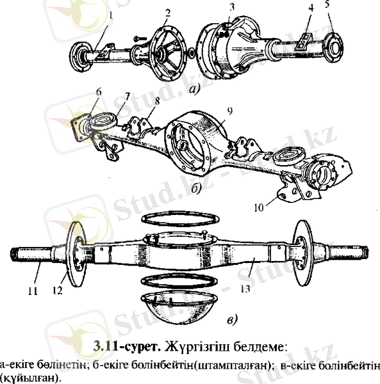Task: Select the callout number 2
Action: [168, 13]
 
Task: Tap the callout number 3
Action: [233, 6]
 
